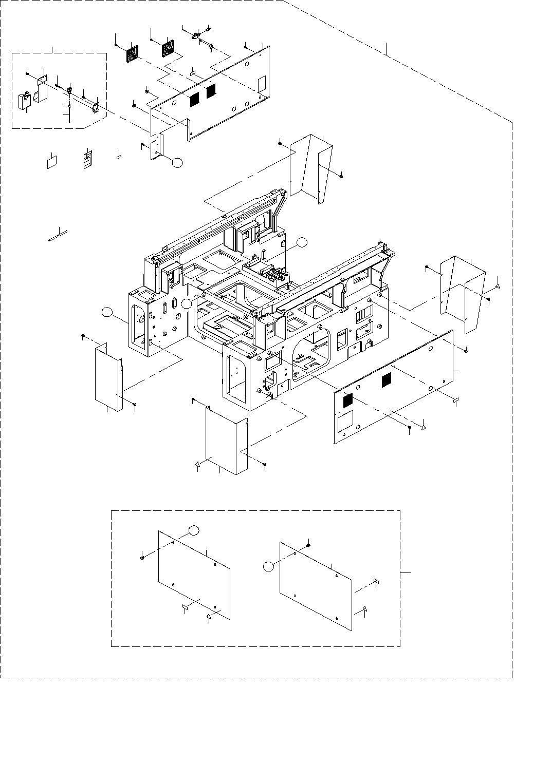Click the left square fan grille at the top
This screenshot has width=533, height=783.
coord(133,53)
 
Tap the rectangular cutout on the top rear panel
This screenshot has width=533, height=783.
coord(261,82)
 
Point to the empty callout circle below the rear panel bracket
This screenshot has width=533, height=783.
coord(177,163)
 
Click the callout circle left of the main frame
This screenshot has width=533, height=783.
coord(107,312)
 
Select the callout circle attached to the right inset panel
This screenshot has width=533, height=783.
coord(268,567)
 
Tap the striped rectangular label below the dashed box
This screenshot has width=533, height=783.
coord(88,160)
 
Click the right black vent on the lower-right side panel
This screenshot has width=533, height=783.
coord(385,380)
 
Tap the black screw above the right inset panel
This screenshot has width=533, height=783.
coord(308,545)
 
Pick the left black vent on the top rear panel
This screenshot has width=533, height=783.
coord(195,99)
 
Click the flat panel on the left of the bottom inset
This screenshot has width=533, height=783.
coord(194,573)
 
